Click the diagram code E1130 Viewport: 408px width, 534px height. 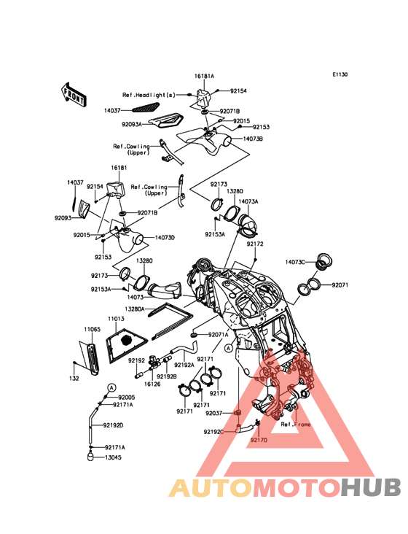point(340,74)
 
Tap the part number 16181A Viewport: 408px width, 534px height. point(204,77)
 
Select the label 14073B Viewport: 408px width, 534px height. point(253,139)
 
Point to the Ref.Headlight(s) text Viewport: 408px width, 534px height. point(149,95)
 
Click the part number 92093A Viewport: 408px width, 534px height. point(132,125)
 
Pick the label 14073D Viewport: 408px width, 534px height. point(165,238)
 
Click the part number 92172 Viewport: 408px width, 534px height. point(255,244)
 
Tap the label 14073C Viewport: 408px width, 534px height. point(295,262)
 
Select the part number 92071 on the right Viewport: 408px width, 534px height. point(340,285)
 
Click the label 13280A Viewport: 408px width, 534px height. point(135,309)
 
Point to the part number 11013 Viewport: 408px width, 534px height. point(116,319)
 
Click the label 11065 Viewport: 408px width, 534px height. point(92,329)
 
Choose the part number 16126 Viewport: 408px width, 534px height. point(152,384)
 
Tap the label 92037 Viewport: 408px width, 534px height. point(213,413)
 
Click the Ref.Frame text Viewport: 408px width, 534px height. point(296,425)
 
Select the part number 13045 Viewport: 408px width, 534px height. point(113,457)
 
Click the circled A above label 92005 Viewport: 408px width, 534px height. point(111,387)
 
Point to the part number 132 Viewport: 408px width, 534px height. point(74,379)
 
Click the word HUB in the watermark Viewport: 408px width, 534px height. point(372,487)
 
